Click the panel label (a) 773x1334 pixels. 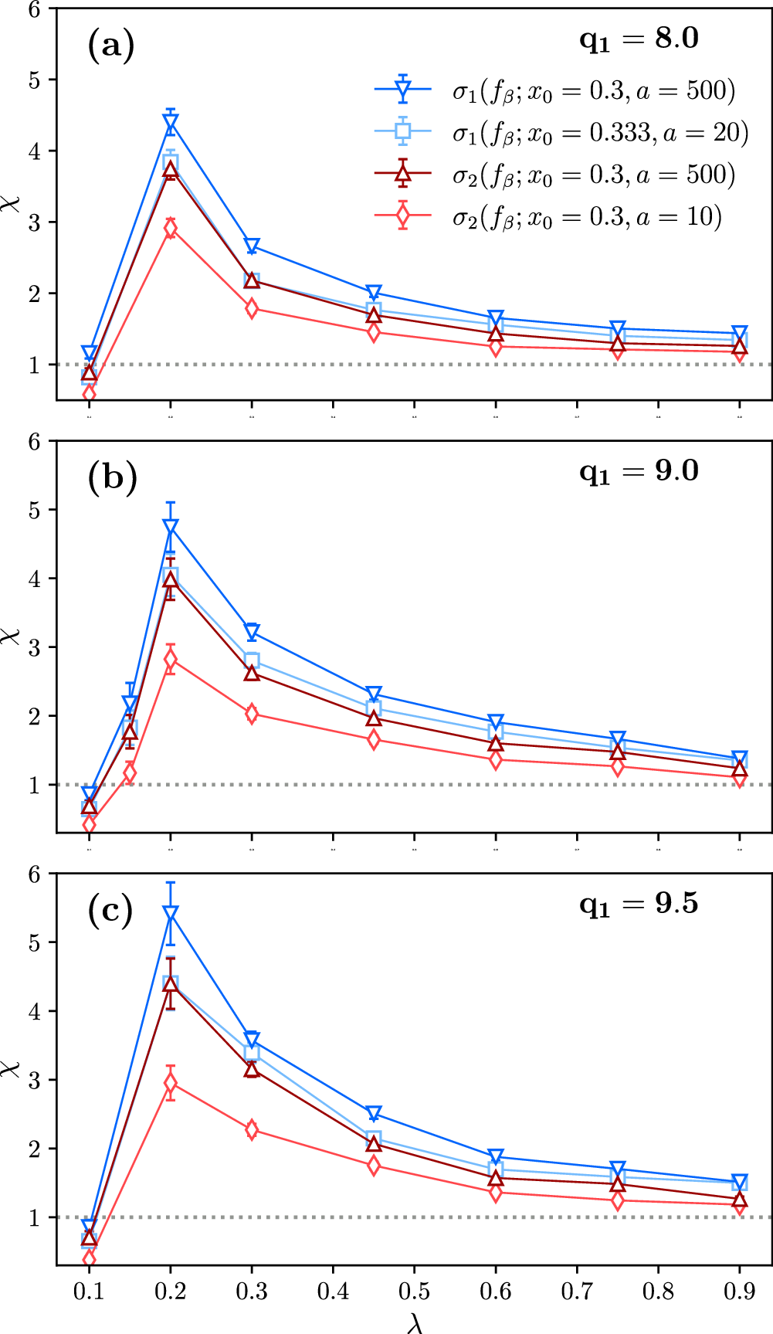(111, 47)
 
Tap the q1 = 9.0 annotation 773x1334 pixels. (639, 470)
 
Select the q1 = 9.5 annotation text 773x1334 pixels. (639, 903)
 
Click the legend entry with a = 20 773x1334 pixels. (600, 133)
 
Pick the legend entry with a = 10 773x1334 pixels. (587, 218)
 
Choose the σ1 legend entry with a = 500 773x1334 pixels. (593, 91)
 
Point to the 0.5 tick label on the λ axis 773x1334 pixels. (414, 1292)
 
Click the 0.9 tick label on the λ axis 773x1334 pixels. (739, 1292)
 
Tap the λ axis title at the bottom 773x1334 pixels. (415, 1322)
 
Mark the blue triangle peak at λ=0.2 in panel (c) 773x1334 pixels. (171, 915)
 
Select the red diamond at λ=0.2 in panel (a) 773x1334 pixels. (171, 228)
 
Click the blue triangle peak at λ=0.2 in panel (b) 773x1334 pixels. (171, 528)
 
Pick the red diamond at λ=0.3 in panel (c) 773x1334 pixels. (252, 1130)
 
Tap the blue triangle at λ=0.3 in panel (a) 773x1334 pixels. (252, 247)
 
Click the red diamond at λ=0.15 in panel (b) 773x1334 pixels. (130, 772)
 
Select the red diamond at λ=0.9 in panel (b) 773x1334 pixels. (739, 778)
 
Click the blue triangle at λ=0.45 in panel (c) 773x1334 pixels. (374, 1114)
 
